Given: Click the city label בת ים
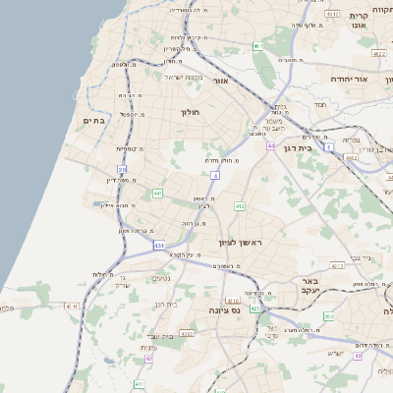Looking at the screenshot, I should pyautogui.click(x=93, y=121).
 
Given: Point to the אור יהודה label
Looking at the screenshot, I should pyautogui.click(x=348, y=78).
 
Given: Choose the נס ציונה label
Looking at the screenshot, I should pyautogui.click(x=225, y=310).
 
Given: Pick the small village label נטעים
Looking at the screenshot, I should pyautogui.click(x=162, y=278).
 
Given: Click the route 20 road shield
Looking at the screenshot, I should pyautogui.click(x=122, y=170).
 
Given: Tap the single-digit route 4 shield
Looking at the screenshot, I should pyautogui.click(x=213, y=175).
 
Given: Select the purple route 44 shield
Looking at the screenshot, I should pyautogui.click(x=270, y=145).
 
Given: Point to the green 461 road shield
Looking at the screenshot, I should pyautogui.click(x=257, y=46).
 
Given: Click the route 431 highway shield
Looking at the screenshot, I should pyautogui.click(x=159, y=245).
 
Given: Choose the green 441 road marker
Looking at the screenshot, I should pyautogui.click(x=157, y=194).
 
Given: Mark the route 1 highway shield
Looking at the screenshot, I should pyautogui.click(x=329, y=146).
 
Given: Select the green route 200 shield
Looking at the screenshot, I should pyautogui.click(x=329, y=316).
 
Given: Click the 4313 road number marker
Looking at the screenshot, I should pyautogui.click(x=338, y=265).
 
